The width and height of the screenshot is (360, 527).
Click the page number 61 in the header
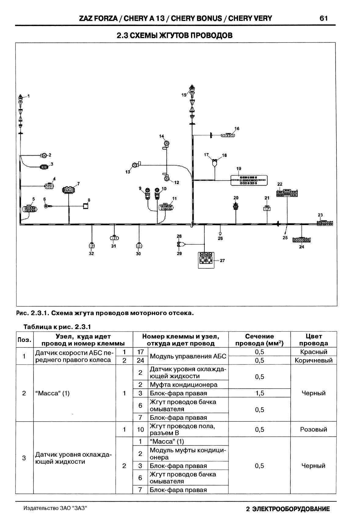pos(323,18)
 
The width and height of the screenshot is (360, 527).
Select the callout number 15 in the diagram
pos(184,95)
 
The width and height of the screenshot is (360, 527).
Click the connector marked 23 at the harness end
pos(325,223)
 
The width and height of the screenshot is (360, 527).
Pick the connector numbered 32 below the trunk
pos(92,245)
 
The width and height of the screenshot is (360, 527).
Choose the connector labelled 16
pos(228,135)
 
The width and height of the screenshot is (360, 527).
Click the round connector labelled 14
pos(167,143)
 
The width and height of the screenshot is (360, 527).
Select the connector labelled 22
pos(287,193)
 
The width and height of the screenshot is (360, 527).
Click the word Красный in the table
pos(313,352)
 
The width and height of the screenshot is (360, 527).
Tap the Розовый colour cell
pos(313,429)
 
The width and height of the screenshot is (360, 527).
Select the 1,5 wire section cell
pos(259,393)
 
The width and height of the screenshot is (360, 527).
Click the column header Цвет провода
pos(313,340)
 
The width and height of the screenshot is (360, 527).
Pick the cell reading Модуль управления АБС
pos(188,356)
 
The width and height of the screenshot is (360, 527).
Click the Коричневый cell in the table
pos(313,361)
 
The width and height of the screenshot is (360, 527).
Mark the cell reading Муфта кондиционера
pos(183,385)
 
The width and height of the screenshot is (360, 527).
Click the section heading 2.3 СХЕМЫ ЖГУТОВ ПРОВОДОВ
pos(175,36)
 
